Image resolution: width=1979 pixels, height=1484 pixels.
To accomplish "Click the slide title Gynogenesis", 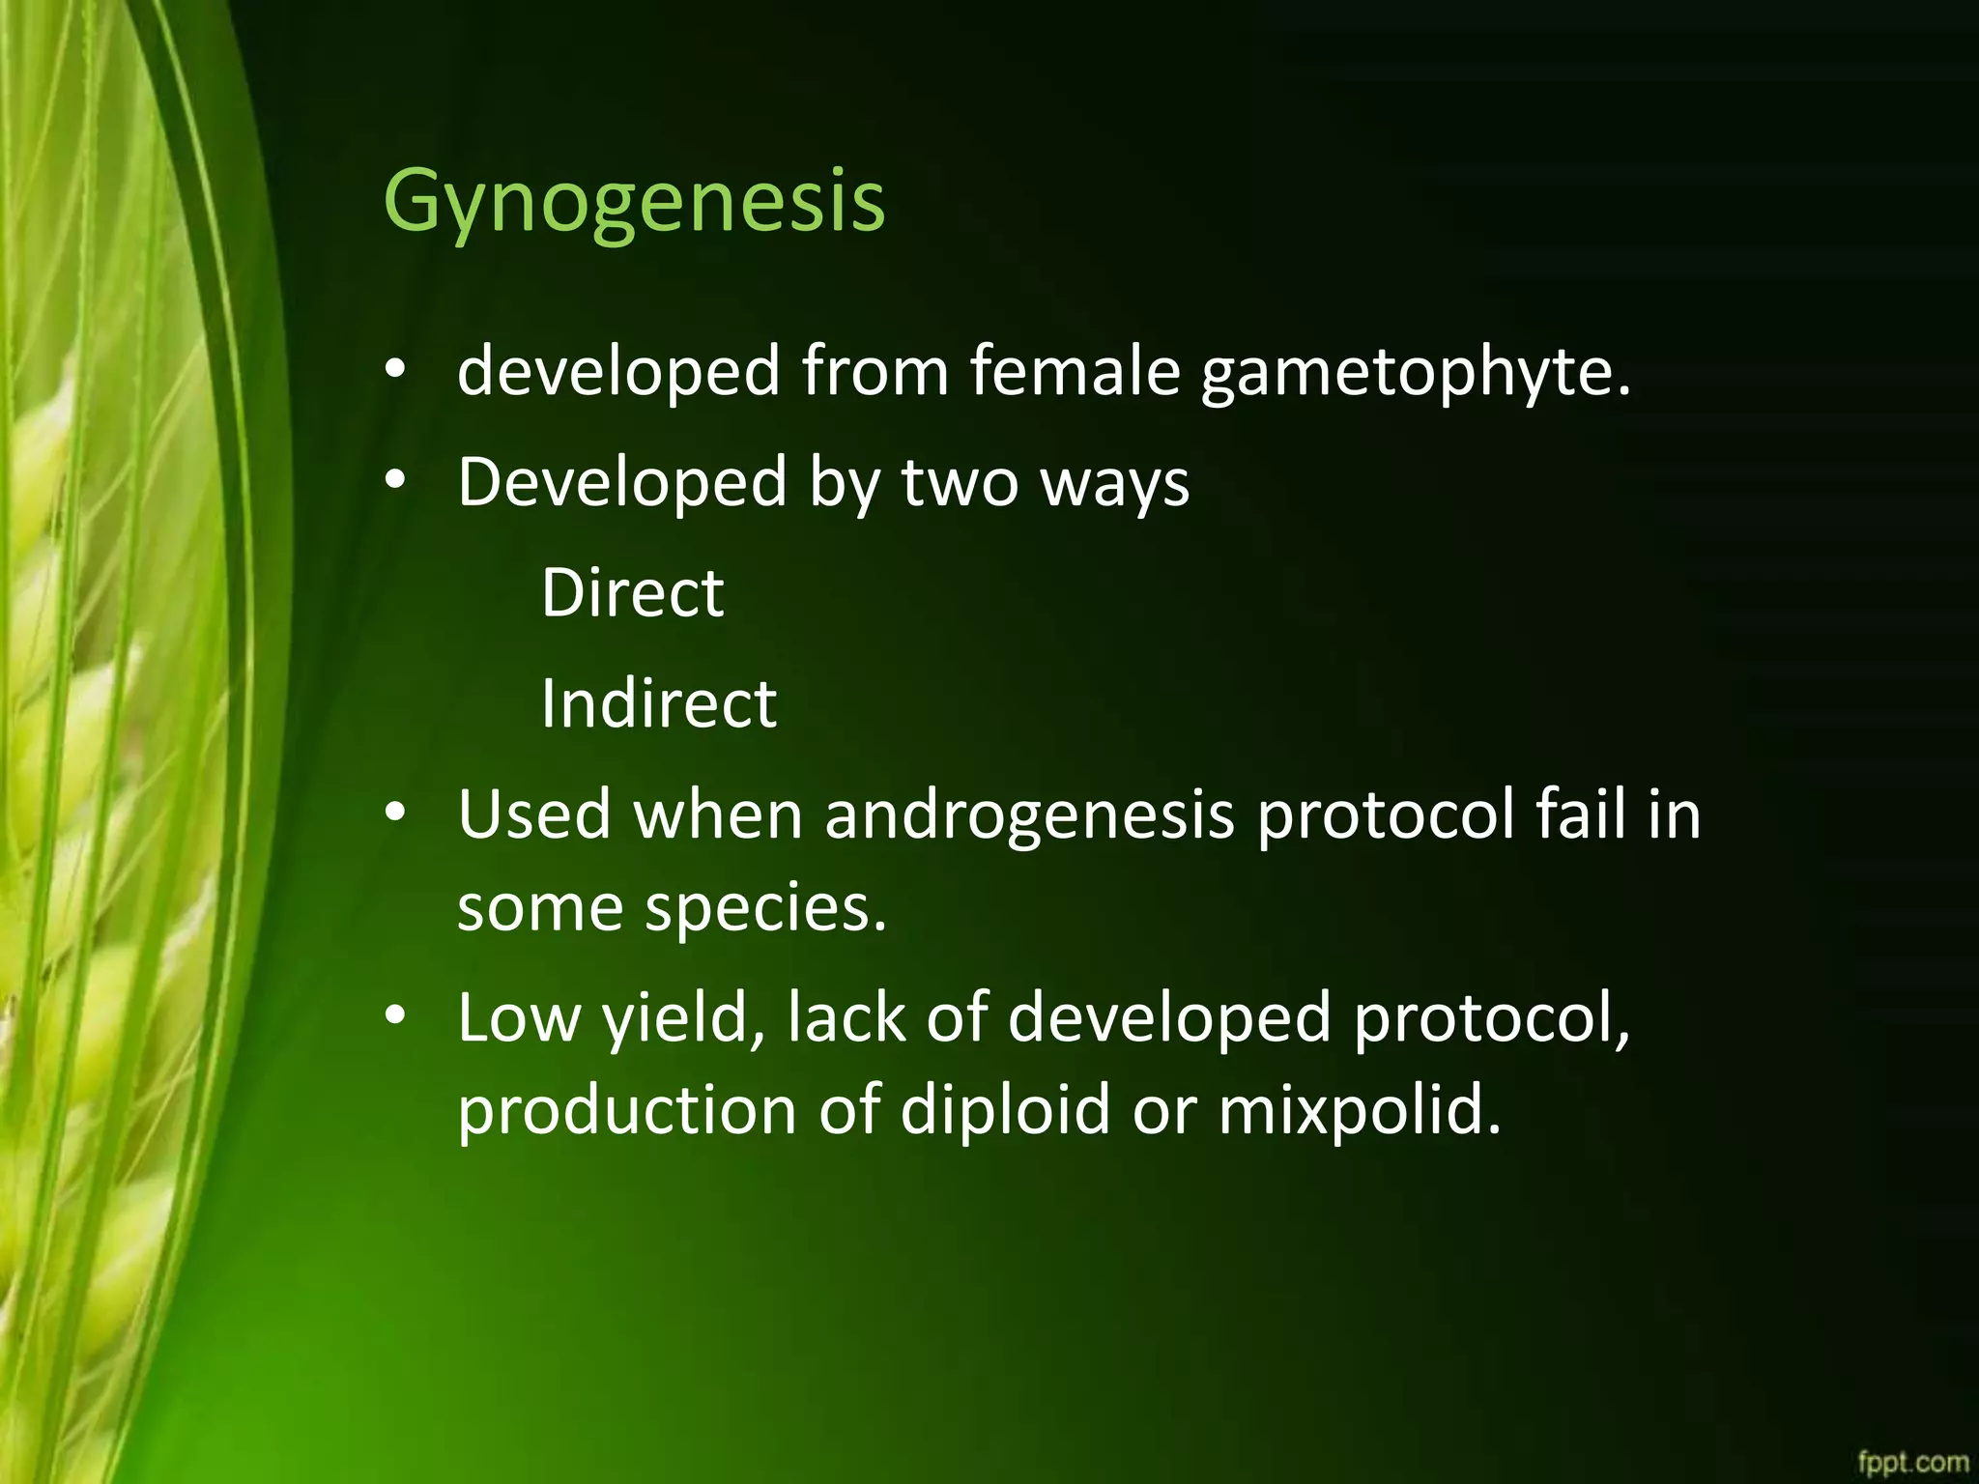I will [x=634, y=201].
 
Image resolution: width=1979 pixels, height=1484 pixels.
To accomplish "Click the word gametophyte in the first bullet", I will [x=1416, y=371].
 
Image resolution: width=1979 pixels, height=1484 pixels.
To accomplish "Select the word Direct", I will [x=632, y=592].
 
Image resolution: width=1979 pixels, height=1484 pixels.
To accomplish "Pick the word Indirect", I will [x=658, y=702].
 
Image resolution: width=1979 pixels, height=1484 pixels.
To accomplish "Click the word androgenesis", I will [x=1029, y=814].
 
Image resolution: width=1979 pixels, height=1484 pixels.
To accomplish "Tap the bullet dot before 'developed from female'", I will [x=394, y=371].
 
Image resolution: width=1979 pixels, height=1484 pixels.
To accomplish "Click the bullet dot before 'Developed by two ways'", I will [x=394, y=481].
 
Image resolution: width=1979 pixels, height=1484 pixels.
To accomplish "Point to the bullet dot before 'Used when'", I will [x=394, y=814].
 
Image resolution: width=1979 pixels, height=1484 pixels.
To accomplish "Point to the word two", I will [x=960, y=483].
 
